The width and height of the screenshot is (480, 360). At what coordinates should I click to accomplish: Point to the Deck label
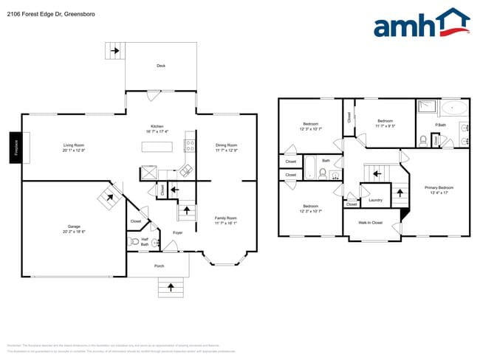click(161, 66)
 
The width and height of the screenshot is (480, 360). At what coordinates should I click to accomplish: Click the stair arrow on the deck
click(114, 51)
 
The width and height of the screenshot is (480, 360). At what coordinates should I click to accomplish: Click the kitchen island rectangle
click(157, 148)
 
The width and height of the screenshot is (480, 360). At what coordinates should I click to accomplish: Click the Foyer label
click(178, 233)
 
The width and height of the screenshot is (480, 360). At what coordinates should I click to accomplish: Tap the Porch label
click(159, 266)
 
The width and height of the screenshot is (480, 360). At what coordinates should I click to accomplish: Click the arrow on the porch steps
click(171, 286)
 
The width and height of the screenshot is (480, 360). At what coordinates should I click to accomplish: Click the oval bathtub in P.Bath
click(453, 109)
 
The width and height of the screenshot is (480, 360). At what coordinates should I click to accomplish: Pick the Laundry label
click(375, 200)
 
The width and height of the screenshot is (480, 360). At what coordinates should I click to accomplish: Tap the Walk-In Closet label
click(371, 222)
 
